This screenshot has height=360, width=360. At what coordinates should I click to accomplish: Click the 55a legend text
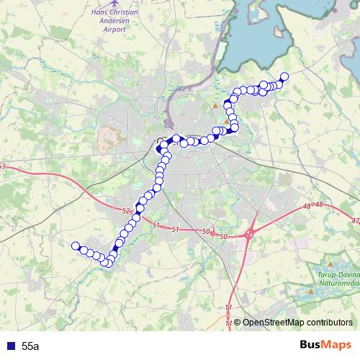[x=31, y=346]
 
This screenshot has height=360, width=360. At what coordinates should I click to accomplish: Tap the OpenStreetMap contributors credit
[x=297, y=322]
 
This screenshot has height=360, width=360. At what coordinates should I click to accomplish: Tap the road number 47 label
[x=355, y=221]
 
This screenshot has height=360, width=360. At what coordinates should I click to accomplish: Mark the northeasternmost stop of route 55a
[x=284, y=76]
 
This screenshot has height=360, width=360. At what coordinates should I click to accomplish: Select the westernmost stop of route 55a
[x=74, y=246]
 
